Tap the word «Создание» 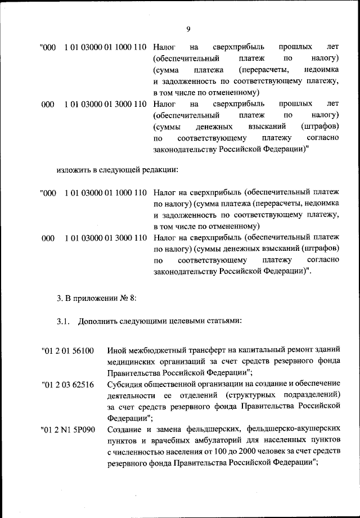pyautogui.click(x=124, y=430)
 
